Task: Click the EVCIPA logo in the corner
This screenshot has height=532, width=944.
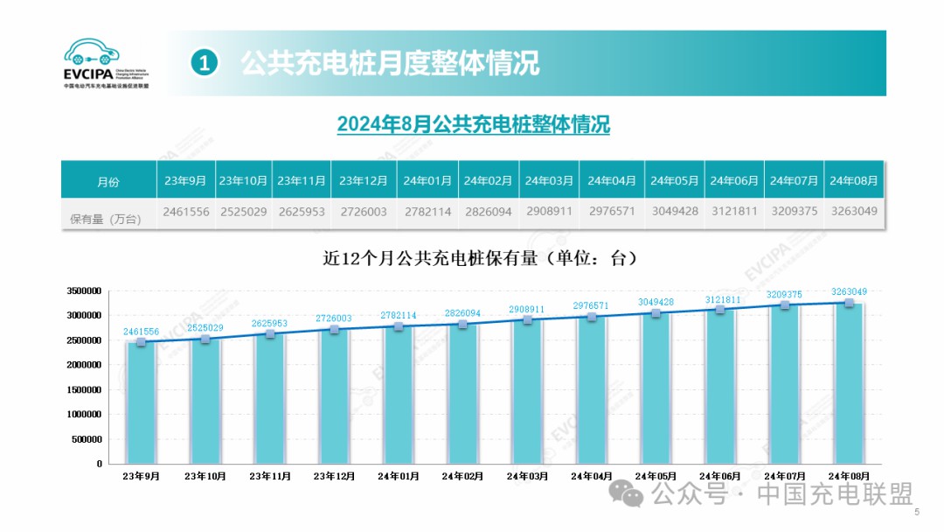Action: (106, 62)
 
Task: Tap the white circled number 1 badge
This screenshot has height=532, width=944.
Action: (204, 63)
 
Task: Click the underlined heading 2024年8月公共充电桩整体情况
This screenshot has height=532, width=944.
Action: (473, 125)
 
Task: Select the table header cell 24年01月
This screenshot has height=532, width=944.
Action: (427, 181)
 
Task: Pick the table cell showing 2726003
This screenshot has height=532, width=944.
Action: (363, 213)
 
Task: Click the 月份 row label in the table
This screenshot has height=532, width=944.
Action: (108, 182)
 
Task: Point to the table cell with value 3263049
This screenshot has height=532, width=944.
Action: (853, 213)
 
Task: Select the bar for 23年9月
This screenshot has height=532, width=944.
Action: (141, 402)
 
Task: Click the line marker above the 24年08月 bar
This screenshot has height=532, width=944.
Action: (849, 303)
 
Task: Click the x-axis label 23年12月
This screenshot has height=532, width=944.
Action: (334, 477)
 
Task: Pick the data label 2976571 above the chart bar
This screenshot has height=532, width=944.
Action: (592, 305)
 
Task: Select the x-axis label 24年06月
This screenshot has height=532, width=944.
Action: (720, 477)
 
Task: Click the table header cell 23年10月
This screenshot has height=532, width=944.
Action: (243, 181)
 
